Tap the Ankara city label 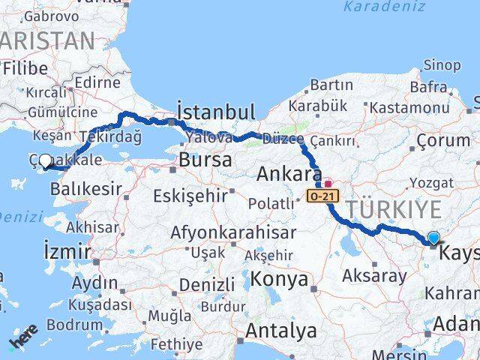tap(284, 175)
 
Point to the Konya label tap(280, 279)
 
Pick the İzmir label tap(67, 250)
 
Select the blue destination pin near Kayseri tap(433, 238)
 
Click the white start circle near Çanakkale tap(45, 160)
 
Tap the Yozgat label tap(430, 182)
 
